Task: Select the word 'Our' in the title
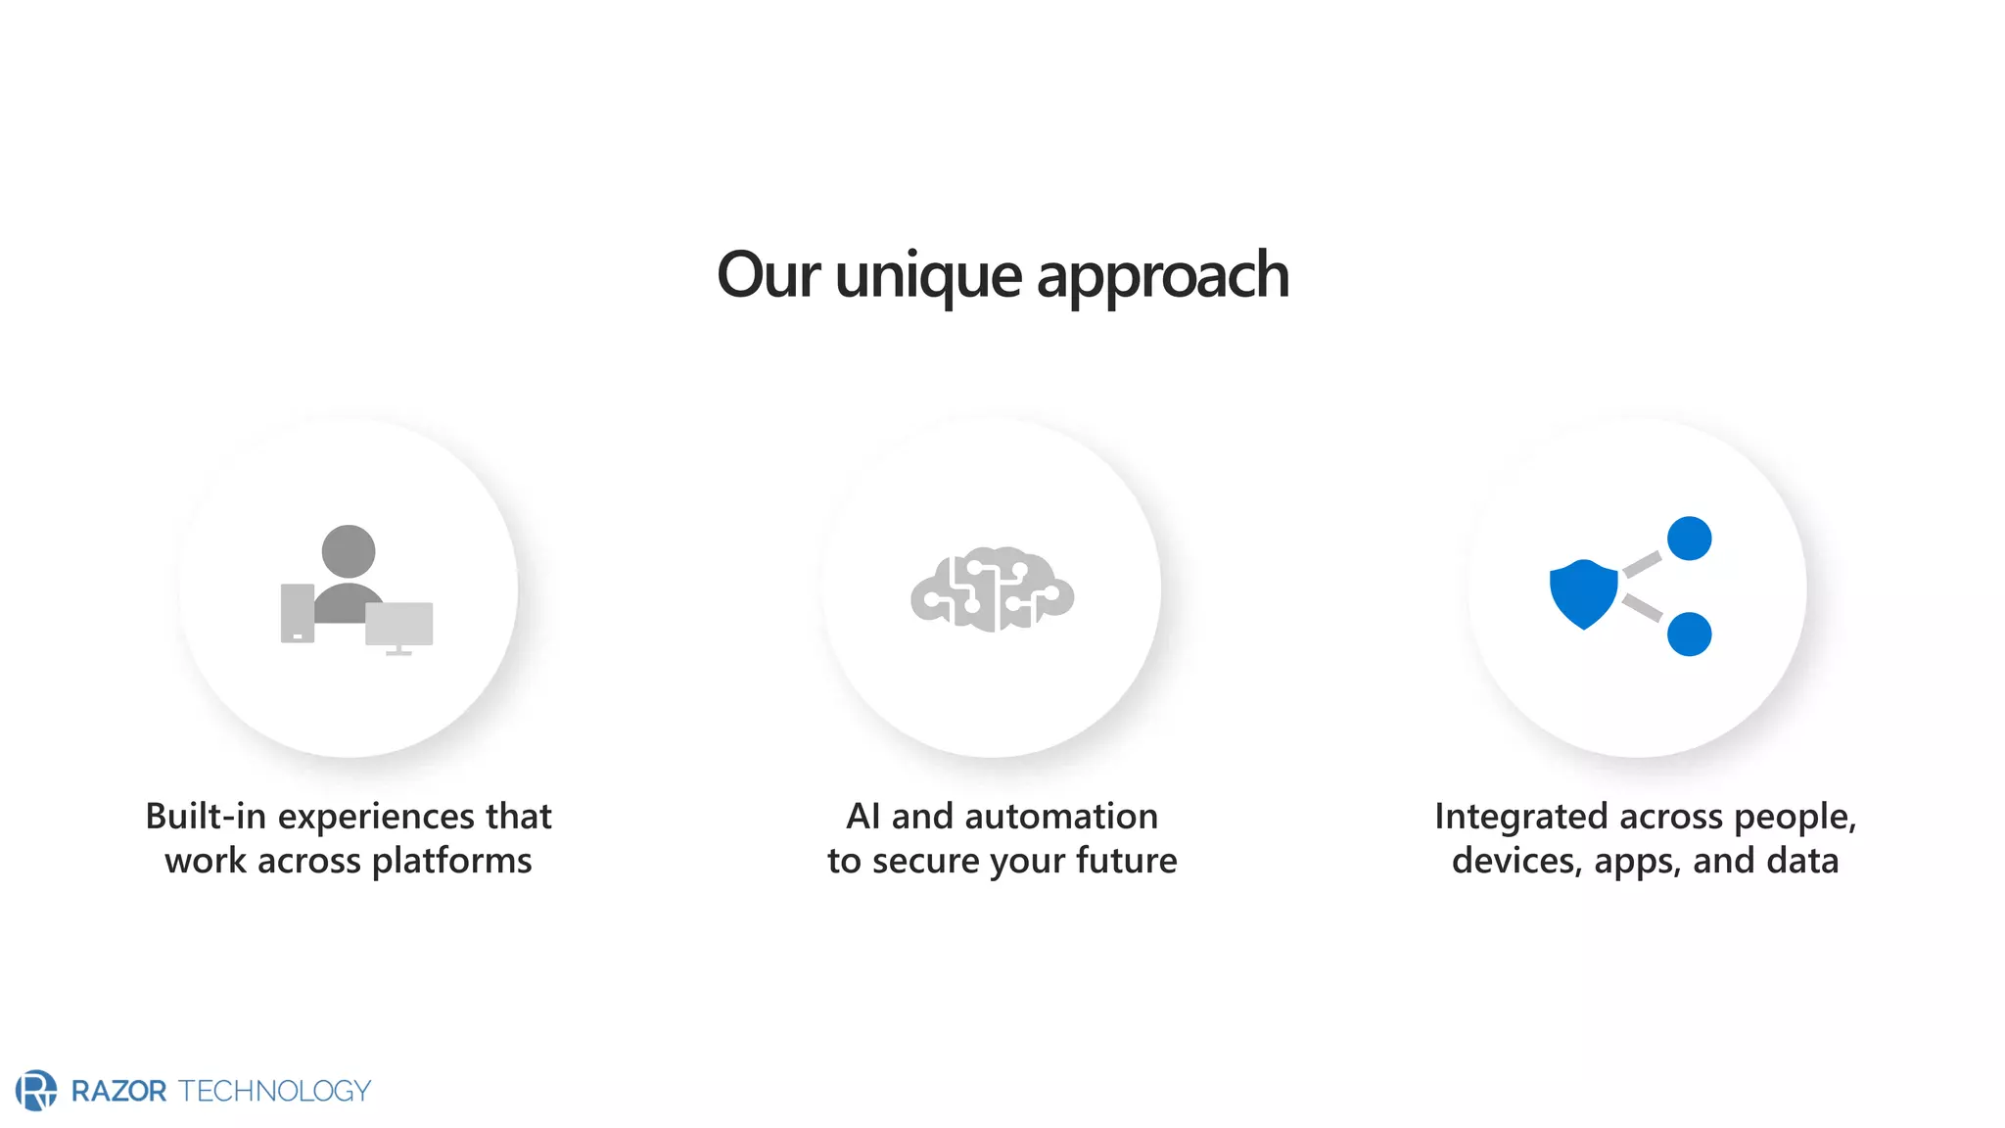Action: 768,275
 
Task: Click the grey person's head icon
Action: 349,551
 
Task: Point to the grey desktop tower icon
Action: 298,613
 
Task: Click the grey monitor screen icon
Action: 399,624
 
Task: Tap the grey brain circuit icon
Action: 992,589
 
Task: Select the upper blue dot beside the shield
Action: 1689,539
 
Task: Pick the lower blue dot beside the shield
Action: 1689,634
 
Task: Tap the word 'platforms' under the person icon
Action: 451,861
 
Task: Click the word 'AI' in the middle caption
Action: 863,816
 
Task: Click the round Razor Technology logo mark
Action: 36,1090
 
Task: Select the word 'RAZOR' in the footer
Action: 119,1091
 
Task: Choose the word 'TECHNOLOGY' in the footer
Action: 275,1091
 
